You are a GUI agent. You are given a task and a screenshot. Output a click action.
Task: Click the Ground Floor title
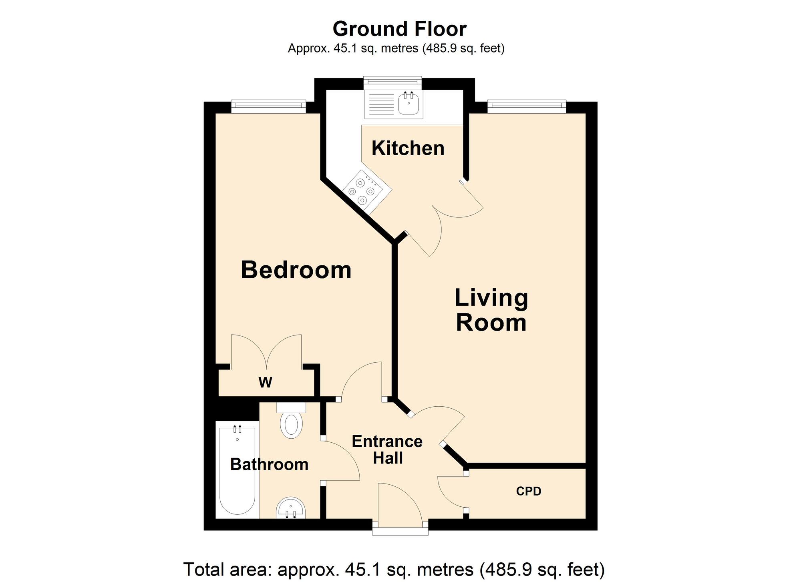[x=399, y=29]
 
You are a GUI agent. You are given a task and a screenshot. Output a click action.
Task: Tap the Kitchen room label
[x=408, y=148]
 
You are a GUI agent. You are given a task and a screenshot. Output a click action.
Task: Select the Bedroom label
[x=296, y=270]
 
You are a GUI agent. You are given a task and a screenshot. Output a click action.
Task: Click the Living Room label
[x=491, y=310]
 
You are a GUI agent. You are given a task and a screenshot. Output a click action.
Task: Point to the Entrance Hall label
[x=387, y=450]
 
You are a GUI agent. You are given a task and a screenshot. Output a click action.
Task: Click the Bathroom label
[x=269, y=464]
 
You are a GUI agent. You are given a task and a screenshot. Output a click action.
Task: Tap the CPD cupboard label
[x=528, y=491]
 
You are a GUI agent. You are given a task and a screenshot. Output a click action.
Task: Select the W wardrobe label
[x=265, y=383]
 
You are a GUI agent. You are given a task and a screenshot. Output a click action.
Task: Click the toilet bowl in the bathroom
[x=291, y=424]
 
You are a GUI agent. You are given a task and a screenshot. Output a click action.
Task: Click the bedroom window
[x=268, y=105]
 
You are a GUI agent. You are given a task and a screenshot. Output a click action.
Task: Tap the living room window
[x=526, y=105]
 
